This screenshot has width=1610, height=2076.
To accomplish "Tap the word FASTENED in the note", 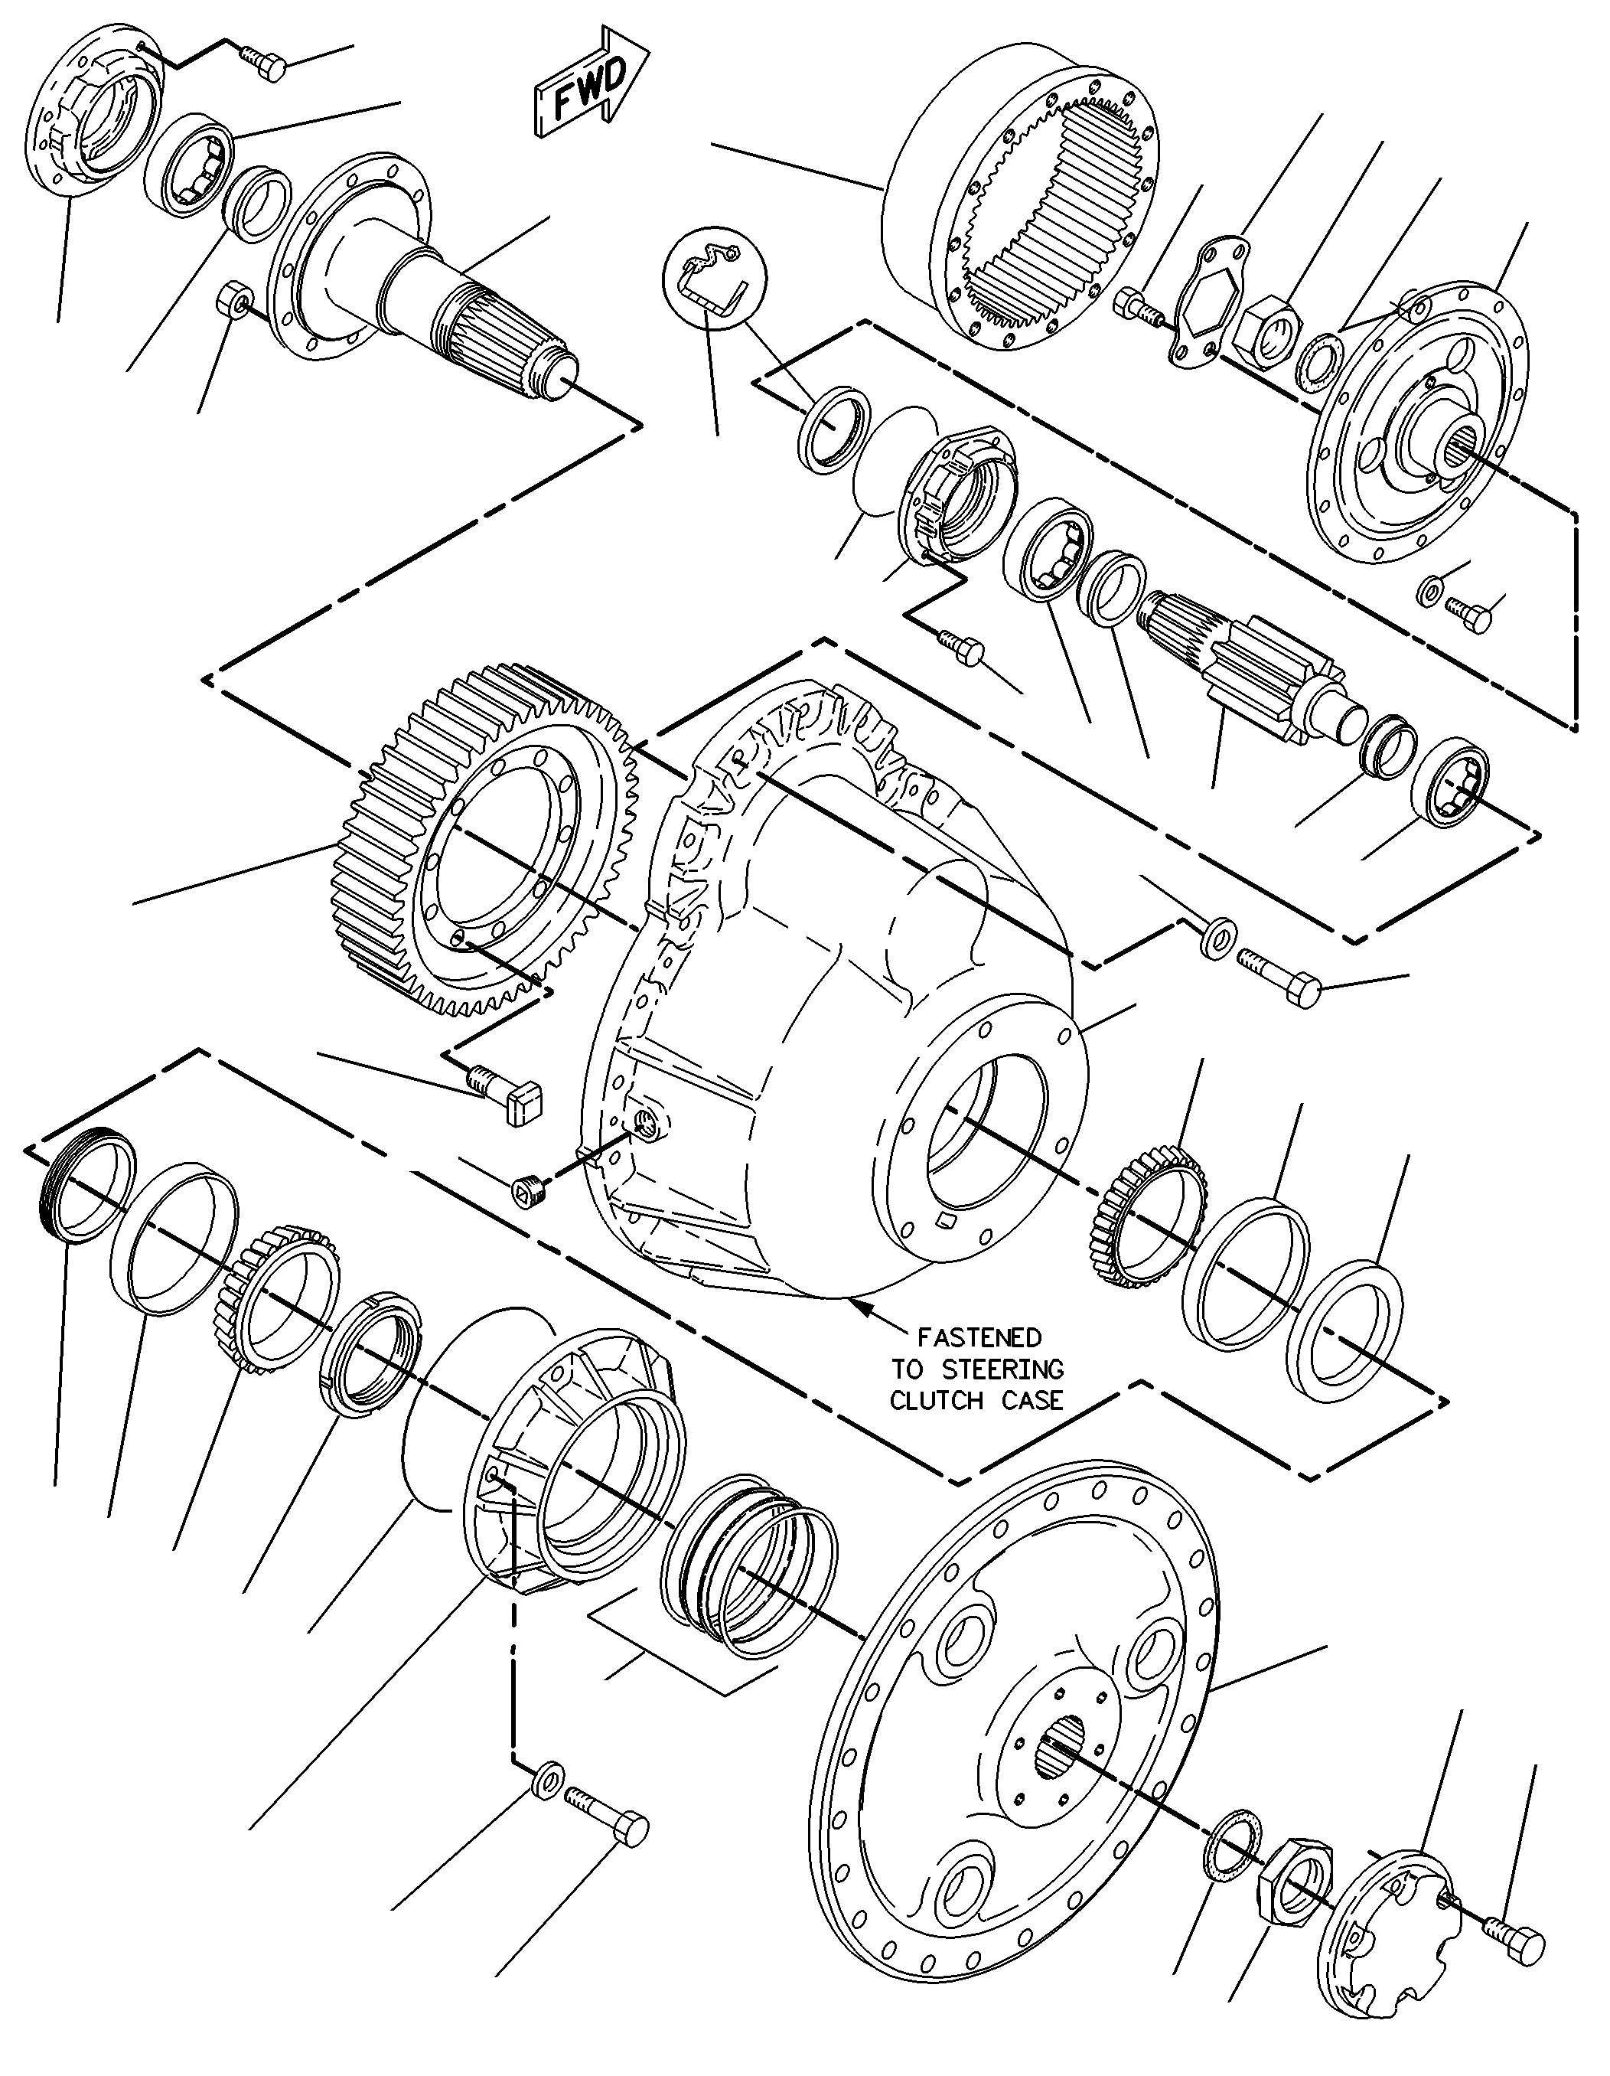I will point(978,1337).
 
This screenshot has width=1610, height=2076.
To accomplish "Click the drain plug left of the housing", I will point(525,1191).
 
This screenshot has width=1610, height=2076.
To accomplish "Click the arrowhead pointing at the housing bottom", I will point(860,1308).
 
